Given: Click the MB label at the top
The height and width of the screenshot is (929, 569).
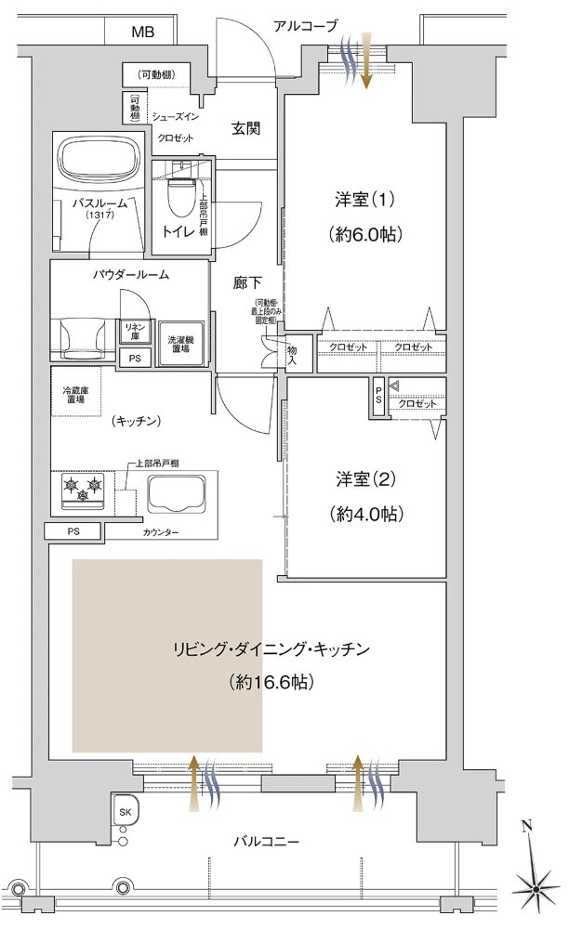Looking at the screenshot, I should [142, 32].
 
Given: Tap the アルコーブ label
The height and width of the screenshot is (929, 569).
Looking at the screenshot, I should [305, 26].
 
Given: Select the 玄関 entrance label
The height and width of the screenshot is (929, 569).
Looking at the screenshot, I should [245, 128].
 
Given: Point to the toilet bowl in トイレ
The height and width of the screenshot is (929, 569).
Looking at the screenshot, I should [179, 197].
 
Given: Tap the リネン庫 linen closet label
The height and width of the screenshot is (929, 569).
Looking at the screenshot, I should [132, 331].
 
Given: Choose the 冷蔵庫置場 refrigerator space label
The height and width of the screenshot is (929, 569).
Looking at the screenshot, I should [77, 394].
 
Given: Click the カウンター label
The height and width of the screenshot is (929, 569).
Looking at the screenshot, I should [162, 532].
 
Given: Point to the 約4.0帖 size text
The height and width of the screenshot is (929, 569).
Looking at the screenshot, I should [365, 513].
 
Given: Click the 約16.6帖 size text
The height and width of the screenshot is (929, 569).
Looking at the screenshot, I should [271, 682].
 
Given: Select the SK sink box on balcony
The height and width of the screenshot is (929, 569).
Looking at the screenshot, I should [125, 811].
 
